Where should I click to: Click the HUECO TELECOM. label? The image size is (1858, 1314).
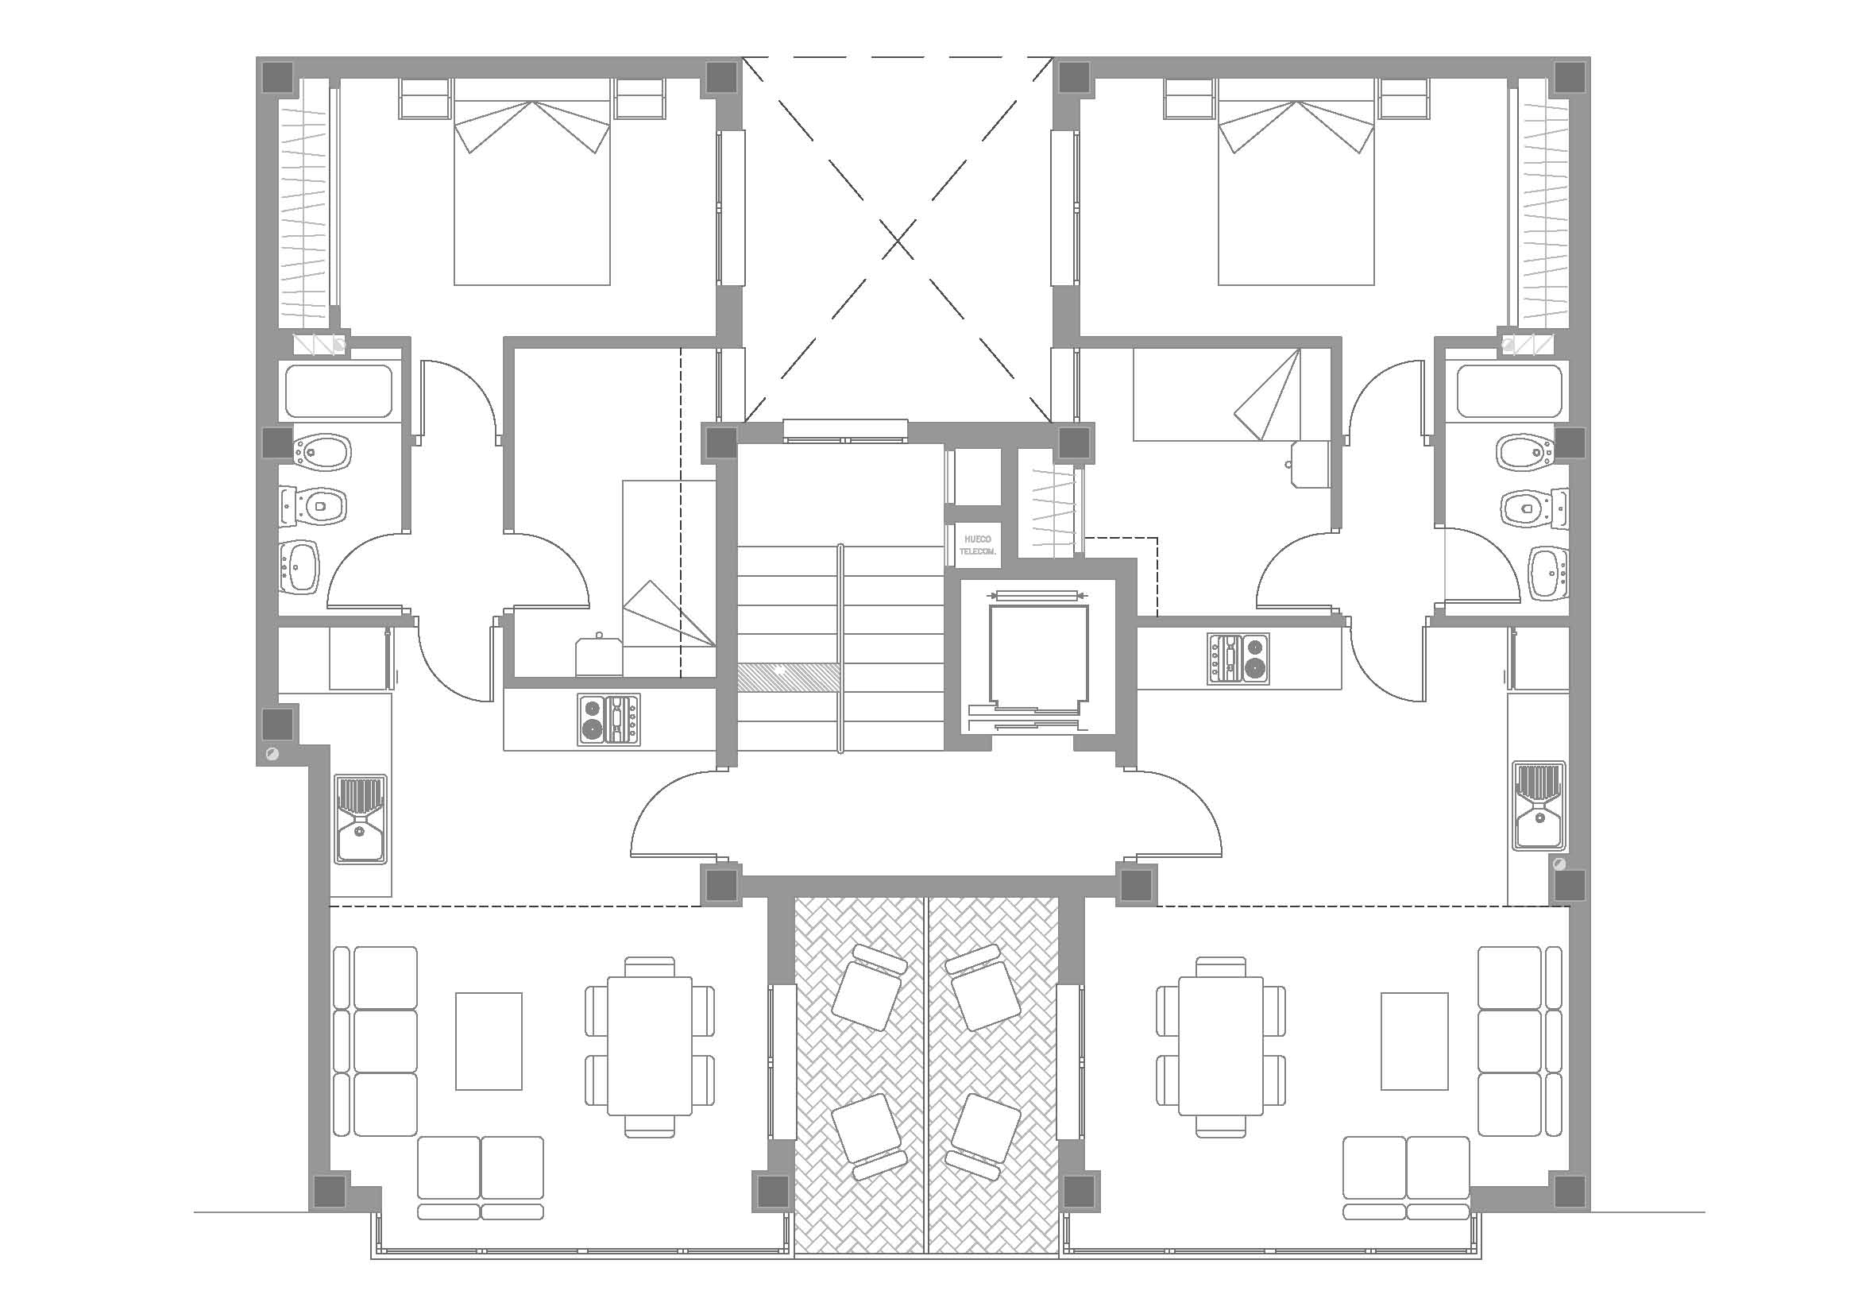(x=978, y=544)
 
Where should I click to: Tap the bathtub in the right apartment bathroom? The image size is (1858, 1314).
(x=1510, y=392)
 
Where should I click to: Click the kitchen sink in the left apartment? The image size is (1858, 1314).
(x=361, y=819)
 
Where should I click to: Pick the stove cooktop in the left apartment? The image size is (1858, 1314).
(x=608, y=719)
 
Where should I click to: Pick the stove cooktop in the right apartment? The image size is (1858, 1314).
(x=1239, y=659)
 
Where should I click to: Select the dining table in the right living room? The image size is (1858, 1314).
(x=1221, y=1046)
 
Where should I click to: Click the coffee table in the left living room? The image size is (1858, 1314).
(x=489, y=1042)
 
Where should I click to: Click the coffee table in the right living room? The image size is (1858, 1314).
(x=1415, y=1042)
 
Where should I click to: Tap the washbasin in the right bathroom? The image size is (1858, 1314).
(x=1549, y=574)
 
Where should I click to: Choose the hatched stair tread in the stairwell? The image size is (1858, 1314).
(x=789, y=677)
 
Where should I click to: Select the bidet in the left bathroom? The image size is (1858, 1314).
(x=322, y=451)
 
